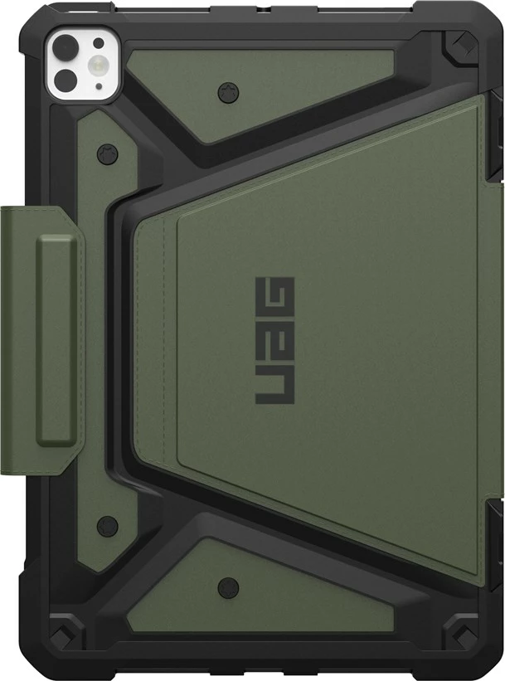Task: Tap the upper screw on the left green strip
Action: pos(104,153)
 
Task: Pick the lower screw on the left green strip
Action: pos(104,524)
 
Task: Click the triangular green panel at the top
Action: pos(249,83)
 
